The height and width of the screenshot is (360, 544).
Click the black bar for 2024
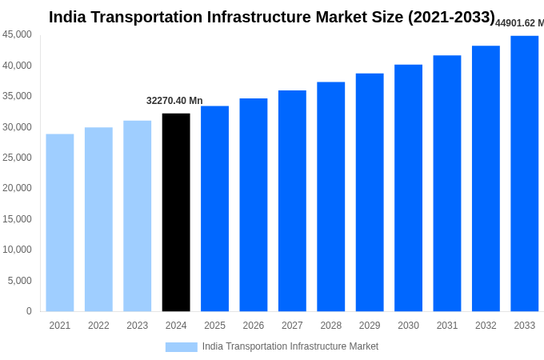(x=176, y=212)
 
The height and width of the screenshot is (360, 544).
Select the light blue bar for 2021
(x=60, y=222)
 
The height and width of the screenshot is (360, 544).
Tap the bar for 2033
(x=525, y=174)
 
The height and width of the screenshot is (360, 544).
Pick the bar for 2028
(x=330, y=197)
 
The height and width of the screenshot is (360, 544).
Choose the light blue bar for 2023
(x=137, y=216)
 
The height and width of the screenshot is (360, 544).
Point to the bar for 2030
(x=408, y=188)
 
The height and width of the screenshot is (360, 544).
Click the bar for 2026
(x=254, y=205)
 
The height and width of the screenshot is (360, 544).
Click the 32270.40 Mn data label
(x=174, y=101)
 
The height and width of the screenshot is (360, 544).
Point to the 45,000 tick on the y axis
(x=18, y=34)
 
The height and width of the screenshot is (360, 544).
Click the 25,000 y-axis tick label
(x=18, y=158)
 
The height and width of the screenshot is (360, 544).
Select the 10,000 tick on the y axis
(x=18, y=250)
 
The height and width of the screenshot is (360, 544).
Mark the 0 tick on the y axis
(x=29, y=311)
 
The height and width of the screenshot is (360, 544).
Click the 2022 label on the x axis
(x=98, y=326)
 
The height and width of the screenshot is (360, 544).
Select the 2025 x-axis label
(x=214, y=326)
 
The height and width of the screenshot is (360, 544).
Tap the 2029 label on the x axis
(x=370, y=326)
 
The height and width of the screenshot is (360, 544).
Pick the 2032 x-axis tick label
(x=486, y=326)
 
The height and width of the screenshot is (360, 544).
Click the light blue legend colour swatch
(x=181, y=347)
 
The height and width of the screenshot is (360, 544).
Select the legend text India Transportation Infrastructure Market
(x=290, y=346)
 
